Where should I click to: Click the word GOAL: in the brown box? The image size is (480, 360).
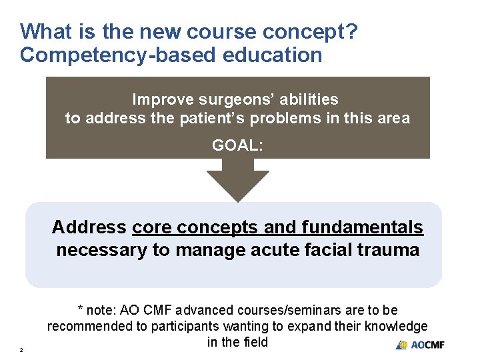[237, 145]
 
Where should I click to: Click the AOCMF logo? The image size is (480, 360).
[420, 345]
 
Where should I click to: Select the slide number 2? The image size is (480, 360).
[22, 350]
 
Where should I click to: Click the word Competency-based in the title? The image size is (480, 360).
[109, 55]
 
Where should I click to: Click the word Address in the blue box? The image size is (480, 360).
[89, 227]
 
